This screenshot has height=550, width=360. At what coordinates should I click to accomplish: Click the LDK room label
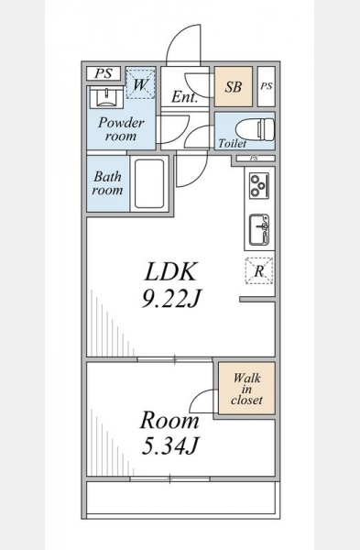(x=170, y=271)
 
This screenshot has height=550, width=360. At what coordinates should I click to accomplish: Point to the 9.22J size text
(x=170, y=299)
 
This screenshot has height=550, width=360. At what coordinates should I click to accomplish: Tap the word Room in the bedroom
(x=169, y=420)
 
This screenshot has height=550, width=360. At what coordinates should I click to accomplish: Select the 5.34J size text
(x=170, y=446)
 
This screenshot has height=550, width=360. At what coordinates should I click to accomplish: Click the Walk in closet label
(x=246, y=389)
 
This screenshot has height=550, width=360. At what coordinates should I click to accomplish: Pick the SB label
(x=234, y=87)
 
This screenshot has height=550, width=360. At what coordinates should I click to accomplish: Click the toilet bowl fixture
(x=256, y=129)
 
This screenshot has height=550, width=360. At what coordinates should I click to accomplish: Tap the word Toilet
(x=232, y=144)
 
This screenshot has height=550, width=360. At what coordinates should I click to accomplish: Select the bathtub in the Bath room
(x=149, y=184)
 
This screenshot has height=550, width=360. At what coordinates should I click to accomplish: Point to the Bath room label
(x=107, y=182)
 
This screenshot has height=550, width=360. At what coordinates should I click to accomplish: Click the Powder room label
(x=121, y=128)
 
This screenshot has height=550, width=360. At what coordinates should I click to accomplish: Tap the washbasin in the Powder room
(x=106, y=97)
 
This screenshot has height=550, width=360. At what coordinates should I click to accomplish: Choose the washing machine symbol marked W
(x=140, y=84)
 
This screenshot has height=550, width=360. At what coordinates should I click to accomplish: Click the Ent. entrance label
(x=185, y=97)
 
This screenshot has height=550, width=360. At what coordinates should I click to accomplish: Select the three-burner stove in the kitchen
(x=259, y=185)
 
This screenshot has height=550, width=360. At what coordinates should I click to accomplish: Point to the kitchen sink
(x=259, y=230)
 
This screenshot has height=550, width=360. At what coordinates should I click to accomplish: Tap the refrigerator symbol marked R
(x=259, y=270)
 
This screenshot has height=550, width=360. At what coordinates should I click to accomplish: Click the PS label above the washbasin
(x=104, y=73)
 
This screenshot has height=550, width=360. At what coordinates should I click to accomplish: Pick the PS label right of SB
(x=267, y=86)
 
